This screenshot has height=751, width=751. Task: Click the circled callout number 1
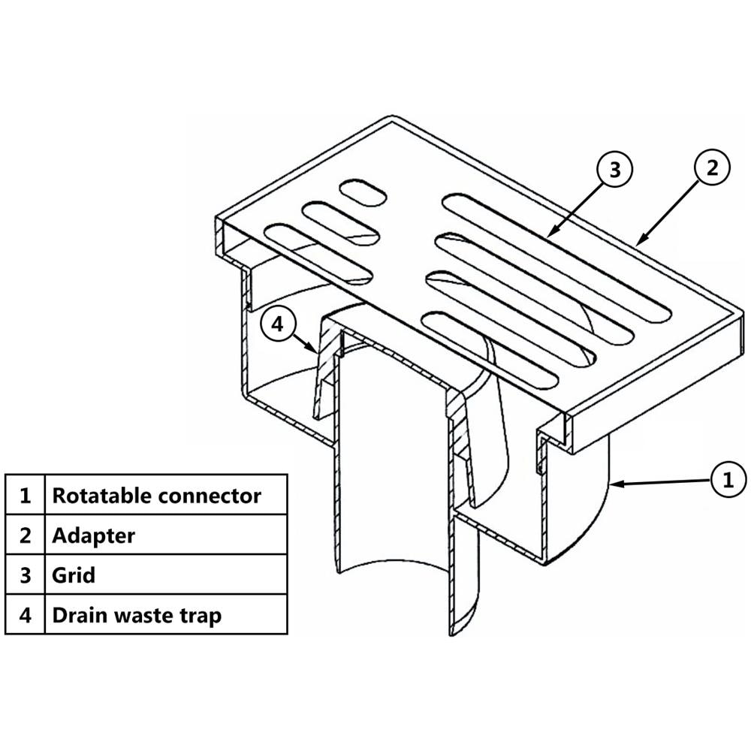(x=728, y=479)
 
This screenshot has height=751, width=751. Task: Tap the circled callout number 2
(x=712, y=167)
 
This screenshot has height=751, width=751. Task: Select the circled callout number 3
(x=614, y=169)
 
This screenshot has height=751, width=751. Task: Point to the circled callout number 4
(x=278, y=324)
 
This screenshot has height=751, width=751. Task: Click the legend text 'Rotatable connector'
(x=157, y=496)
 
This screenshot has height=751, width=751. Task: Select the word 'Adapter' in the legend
(x=93, y=535)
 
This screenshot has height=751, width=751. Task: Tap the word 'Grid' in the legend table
(x=74, y=575)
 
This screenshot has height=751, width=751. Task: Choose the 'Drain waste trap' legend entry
(x=137, y=615)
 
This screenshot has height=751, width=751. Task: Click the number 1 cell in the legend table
(x=25, y=495)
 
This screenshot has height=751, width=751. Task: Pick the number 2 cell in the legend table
(x=25, y=535)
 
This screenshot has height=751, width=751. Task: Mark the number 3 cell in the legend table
(x=25, y=575)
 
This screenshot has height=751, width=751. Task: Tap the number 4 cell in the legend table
(x=25, y=614)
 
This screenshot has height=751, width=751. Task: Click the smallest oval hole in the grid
(x=363, y=193)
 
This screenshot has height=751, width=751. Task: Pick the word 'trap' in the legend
(x=201, y=617)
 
